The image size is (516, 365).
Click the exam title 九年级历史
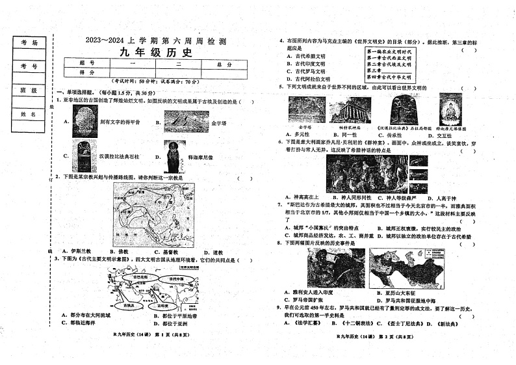tap(155, 53)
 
